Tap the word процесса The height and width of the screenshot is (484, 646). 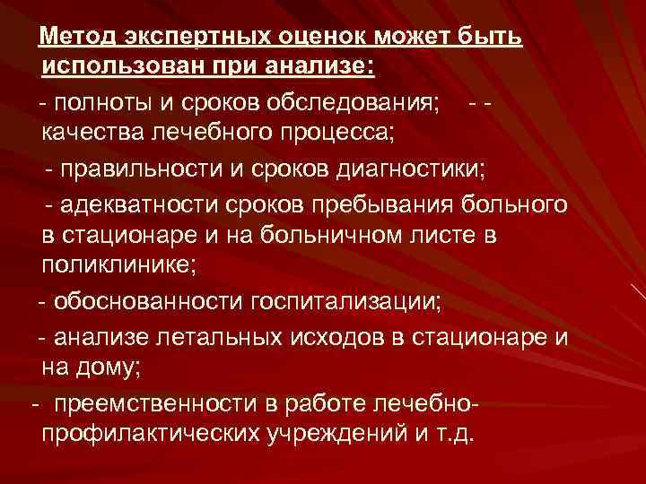point(345,134)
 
